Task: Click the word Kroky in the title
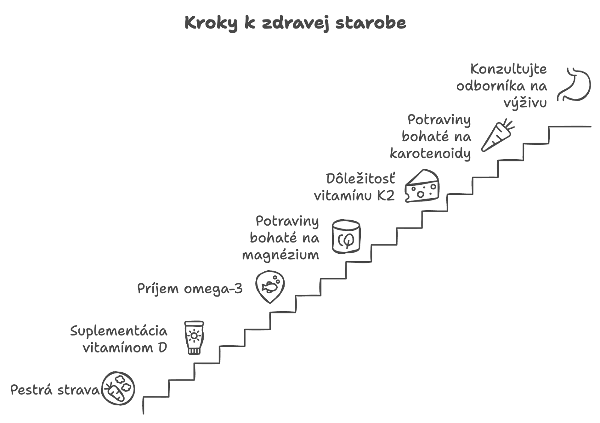tap(211, 24)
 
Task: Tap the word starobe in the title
tap(371, 23)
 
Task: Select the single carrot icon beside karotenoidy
tap(498, 135)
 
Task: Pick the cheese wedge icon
tap(422, 185)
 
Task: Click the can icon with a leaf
tap(346, 237)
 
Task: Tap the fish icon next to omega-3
tap(270, 287)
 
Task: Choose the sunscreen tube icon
tap(194, 338)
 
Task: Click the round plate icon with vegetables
tap(118, 388)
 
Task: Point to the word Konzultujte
tap(508, 69)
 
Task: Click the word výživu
tap(525, 103)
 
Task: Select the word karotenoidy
tap(430, 154)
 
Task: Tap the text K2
tap(386, 196)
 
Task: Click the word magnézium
tap(280, 255)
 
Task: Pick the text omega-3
tap(213, 289)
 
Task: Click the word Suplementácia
tap(118, 331)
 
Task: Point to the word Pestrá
tap(31, 390)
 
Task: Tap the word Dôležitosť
tap(360, 179)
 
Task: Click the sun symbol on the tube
tap(194, 336)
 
